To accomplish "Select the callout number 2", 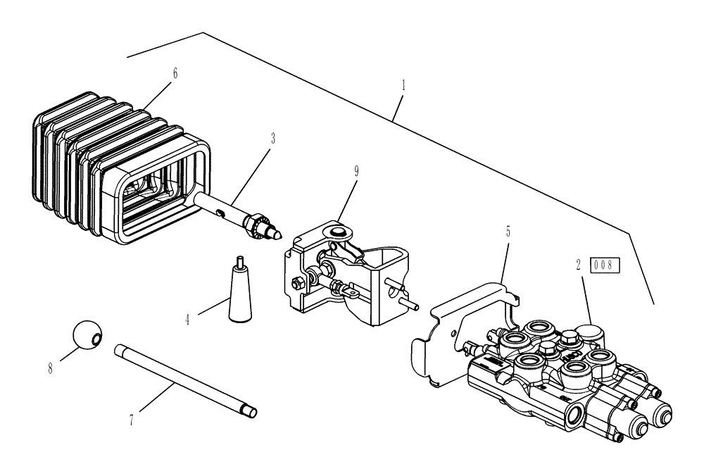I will point(578,265).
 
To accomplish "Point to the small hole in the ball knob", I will point(97,340).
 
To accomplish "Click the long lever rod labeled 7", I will point(185,377).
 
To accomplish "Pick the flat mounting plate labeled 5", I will point(458,331).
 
